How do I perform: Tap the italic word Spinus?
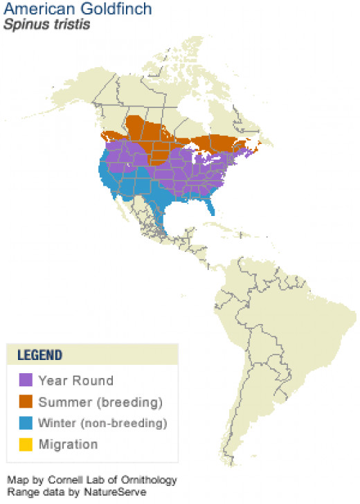coord(23,24)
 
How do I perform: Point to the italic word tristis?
coord(62,24)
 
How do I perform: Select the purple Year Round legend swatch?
coord(26,380)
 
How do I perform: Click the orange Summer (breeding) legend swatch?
coord(26,402)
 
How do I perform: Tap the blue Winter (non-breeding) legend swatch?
coord(26,422)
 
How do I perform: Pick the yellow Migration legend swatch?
coord(26,444)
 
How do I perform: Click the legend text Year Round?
coord(75,380)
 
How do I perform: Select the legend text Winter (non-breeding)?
coord(103,422)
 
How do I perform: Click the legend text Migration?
coord(68,444)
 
